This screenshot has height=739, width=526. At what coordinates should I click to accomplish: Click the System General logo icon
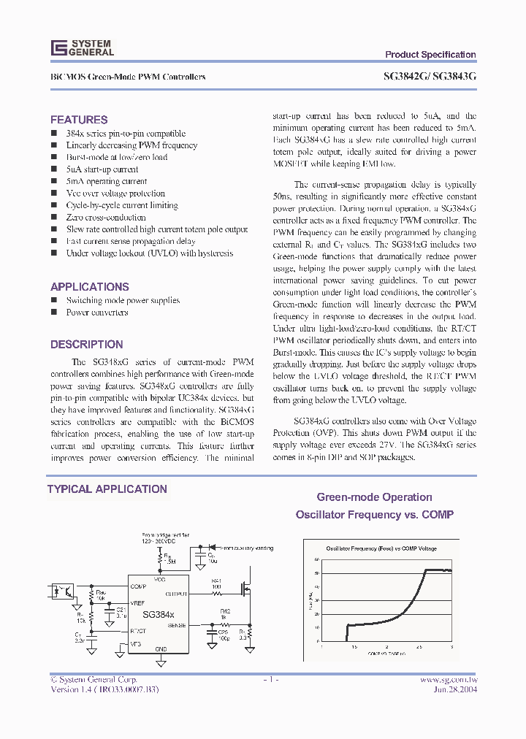tap(58, 48)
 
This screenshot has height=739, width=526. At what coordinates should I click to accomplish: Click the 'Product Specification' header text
tap(430, 55)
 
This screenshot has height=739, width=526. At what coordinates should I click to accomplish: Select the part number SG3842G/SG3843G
tap(430, 77)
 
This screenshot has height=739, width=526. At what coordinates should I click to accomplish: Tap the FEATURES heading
tap(79, 120)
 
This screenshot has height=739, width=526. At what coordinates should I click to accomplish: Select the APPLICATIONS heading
tap(90, 287)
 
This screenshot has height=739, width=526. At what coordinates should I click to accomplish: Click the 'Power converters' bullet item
tap(97, 313)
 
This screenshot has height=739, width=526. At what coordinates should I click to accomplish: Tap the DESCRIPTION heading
tap(86, 345)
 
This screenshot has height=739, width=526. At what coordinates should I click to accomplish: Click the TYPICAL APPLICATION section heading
tap(107, 489)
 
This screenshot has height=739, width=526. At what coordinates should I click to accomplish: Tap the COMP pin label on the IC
tap(138, 586)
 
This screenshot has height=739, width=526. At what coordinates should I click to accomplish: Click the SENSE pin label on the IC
tap(178, 626)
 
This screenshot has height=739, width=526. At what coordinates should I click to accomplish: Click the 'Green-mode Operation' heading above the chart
tap(374, 497)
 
